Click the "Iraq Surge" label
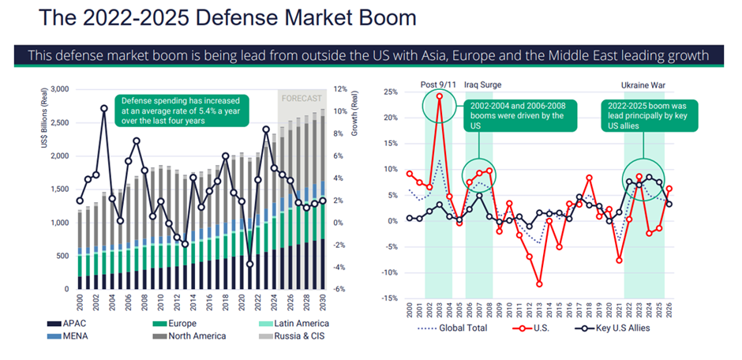click(x=482, y=84)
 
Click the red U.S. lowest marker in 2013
click(x=539, y=283)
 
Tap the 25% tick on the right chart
click(x=391, y=92)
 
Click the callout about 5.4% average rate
click(x=179, y=111)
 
